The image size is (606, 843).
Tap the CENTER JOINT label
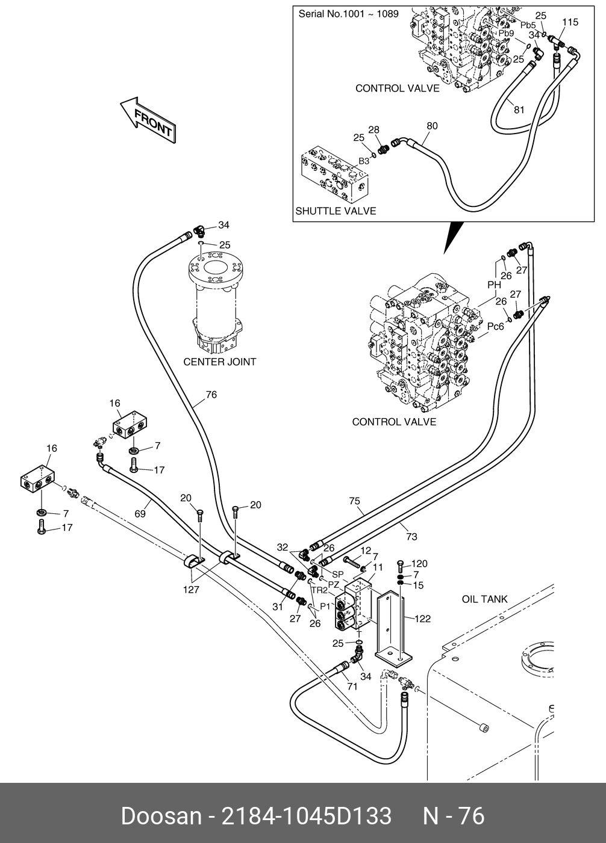pos(219,362)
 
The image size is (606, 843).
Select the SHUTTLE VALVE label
pos(336,211)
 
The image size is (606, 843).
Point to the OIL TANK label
pos(484,599)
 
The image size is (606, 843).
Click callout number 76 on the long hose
pos(211,395)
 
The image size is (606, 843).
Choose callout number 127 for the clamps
pos(191,590)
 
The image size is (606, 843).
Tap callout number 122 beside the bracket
pos(422,619)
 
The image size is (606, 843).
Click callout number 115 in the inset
pos(570,22)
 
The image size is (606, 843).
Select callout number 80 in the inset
pos(432,126)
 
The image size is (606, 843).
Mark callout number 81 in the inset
pos(519,110)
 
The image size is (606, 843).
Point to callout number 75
pos(354,501)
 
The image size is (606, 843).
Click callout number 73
pos(411,536)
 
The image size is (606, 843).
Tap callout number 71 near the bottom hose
pos(352,686)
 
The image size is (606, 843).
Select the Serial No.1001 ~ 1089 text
pos(348,13)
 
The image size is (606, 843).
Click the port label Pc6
pos(495,327)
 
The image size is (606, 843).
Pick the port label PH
pos(494,285)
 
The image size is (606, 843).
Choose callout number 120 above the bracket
pos(419,564)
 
